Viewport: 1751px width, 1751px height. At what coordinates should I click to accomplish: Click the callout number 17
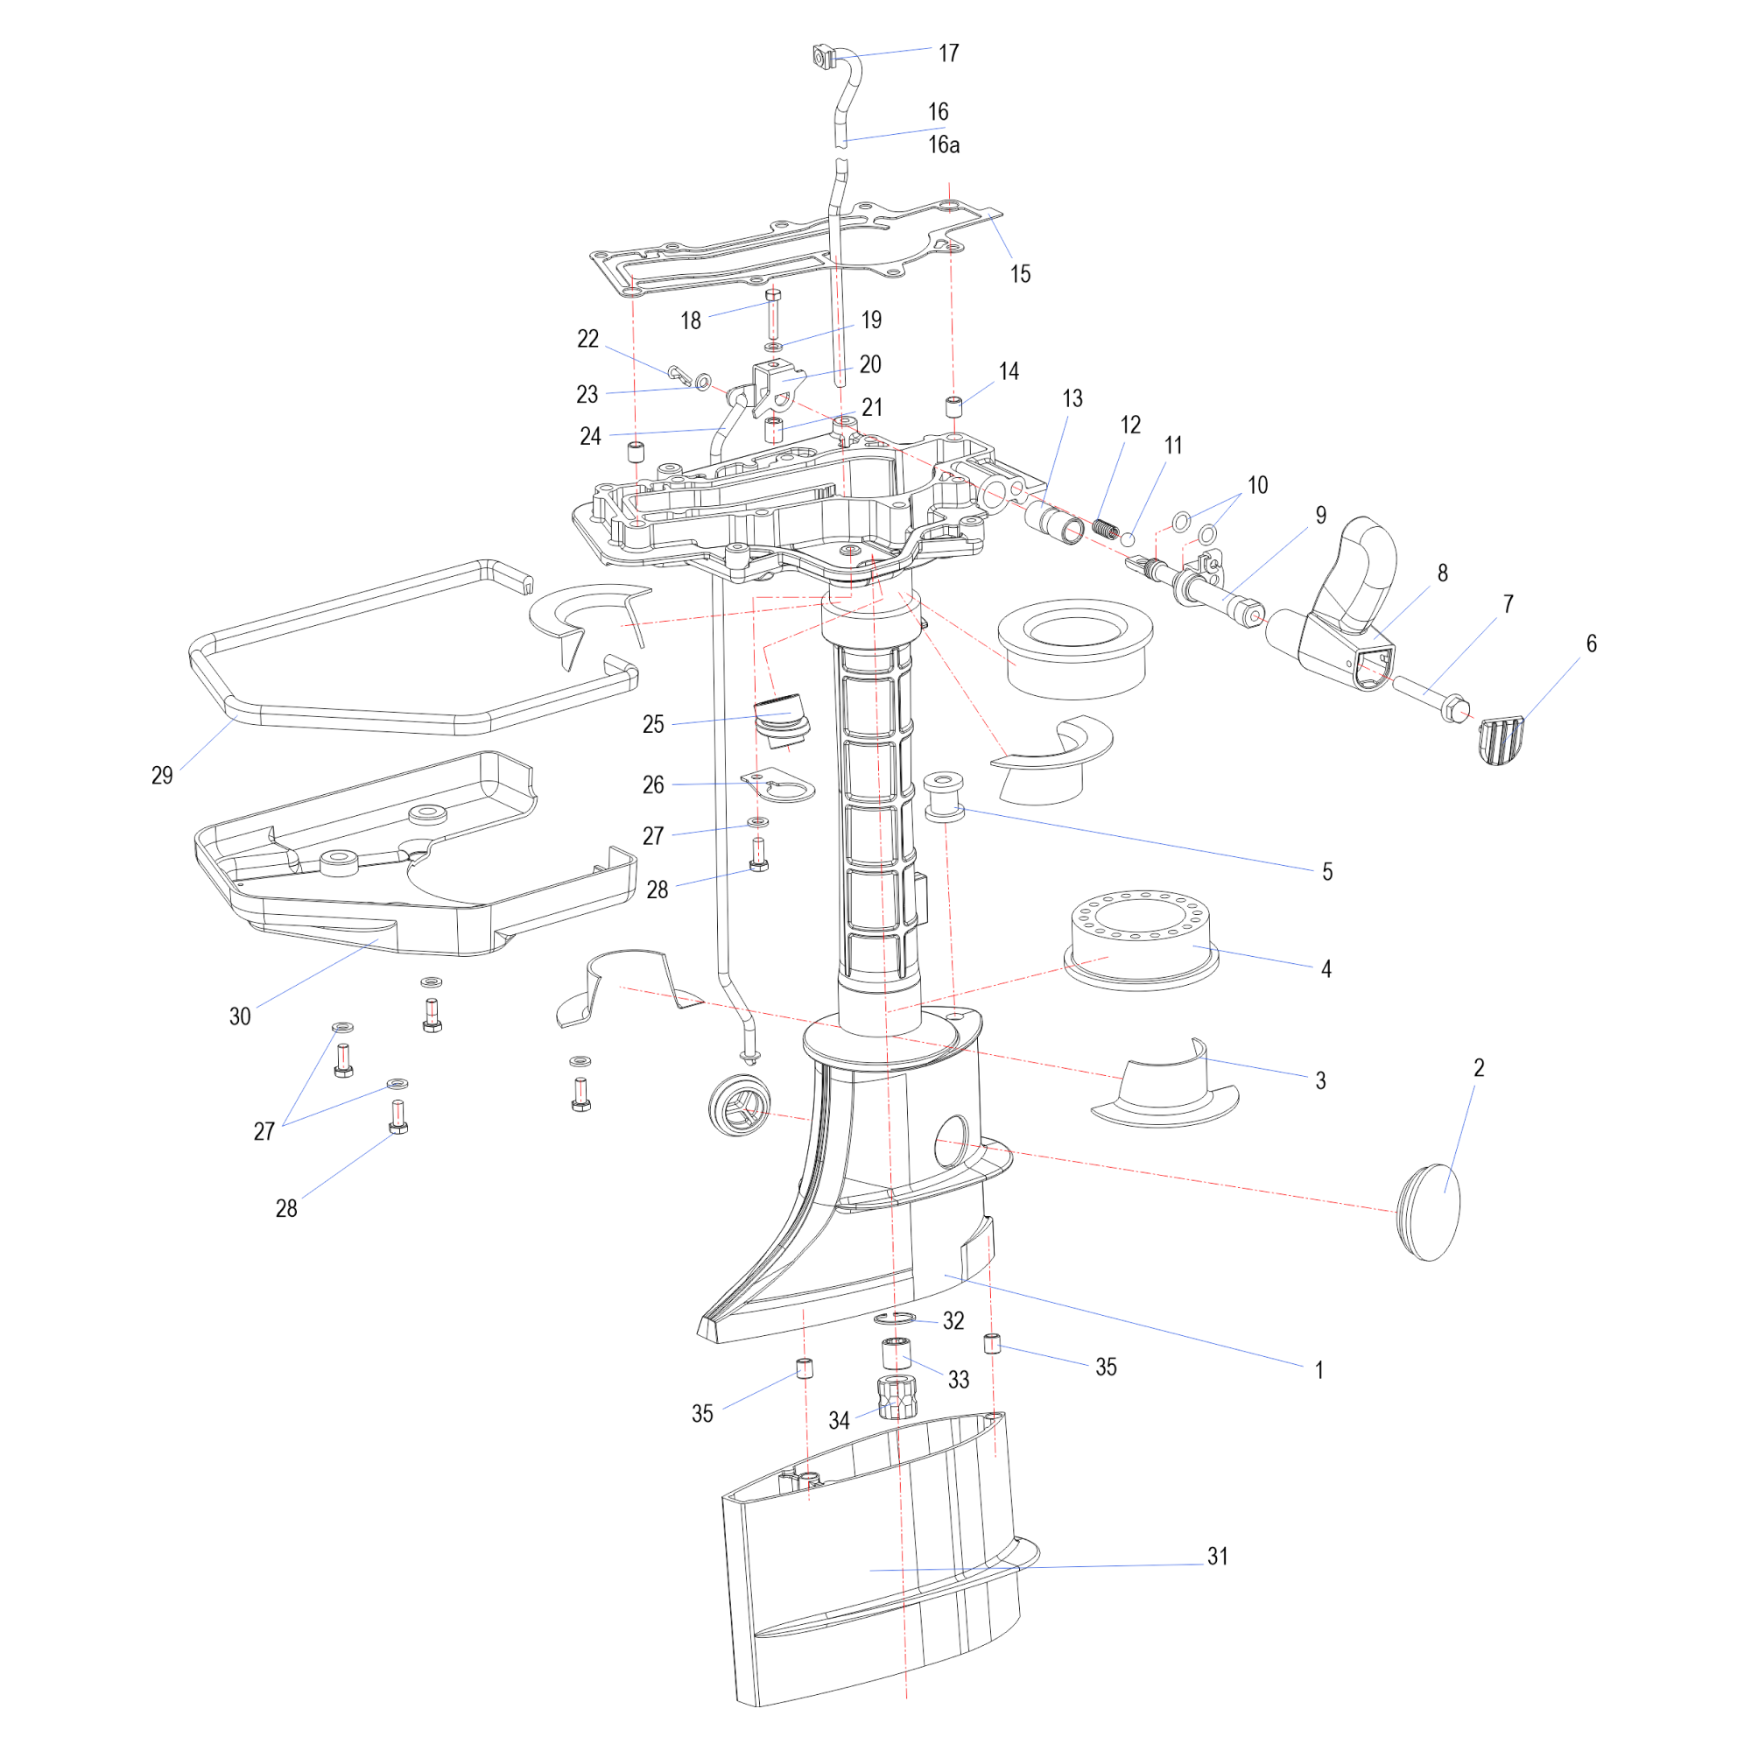948,53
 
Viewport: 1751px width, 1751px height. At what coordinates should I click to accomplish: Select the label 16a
944,145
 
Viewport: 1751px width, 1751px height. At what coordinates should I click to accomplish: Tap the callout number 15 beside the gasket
1021,274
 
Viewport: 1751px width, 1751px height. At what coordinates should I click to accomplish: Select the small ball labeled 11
1129,539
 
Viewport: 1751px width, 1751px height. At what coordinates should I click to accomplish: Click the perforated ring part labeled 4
1141,939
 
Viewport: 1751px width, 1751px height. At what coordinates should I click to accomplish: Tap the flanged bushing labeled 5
944,797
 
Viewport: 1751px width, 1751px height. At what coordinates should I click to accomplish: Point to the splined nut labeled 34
897,1397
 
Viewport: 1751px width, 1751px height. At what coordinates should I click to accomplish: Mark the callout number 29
162,775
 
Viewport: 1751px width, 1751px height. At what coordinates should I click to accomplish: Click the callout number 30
240,1016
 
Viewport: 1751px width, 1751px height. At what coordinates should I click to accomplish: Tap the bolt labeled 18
773,313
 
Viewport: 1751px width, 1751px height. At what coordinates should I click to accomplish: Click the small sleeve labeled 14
953,406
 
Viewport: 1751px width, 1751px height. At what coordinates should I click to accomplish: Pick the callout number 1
1319,1369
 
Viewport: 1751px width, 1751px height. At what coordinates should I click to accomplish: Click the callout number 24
591,437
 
